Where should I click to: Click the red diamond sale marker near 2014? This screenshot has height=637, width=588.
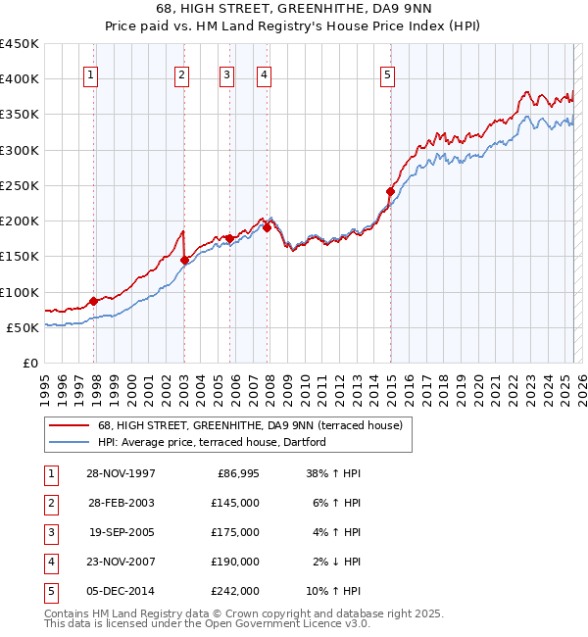390,191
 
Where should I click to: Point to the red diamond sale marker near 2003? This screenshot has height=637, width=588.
185,260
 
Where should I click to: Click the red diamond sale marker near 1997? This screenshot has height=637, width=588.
94,301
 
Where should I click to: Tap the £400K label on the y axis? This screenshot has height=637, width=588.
20,79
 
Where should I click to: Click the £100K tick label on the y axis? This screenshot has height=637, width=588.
20,292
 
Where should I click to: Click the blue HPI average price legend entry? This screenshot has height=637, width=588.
211,443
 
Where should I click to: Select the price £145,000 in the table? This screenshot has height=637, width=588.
236,503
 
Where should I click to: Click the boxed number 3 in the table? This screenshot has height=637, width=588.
49,532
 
